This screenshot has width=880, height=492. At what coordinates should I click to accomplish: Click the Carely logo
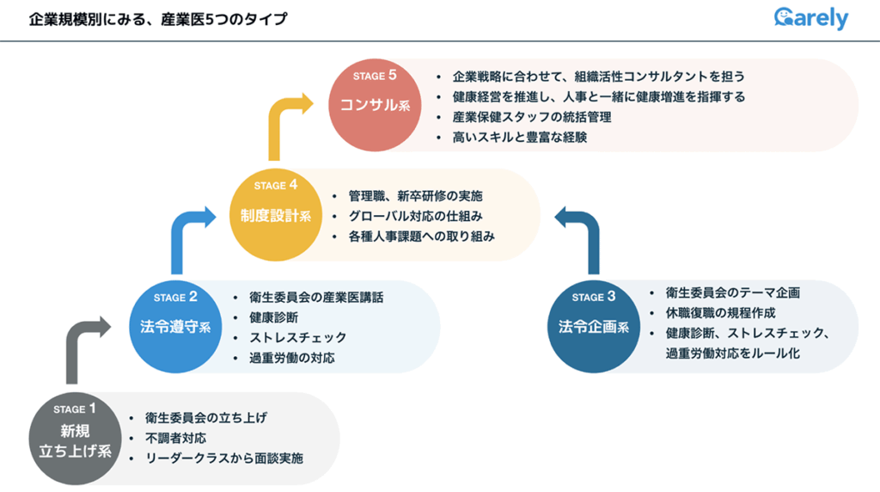click(810, 18)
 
